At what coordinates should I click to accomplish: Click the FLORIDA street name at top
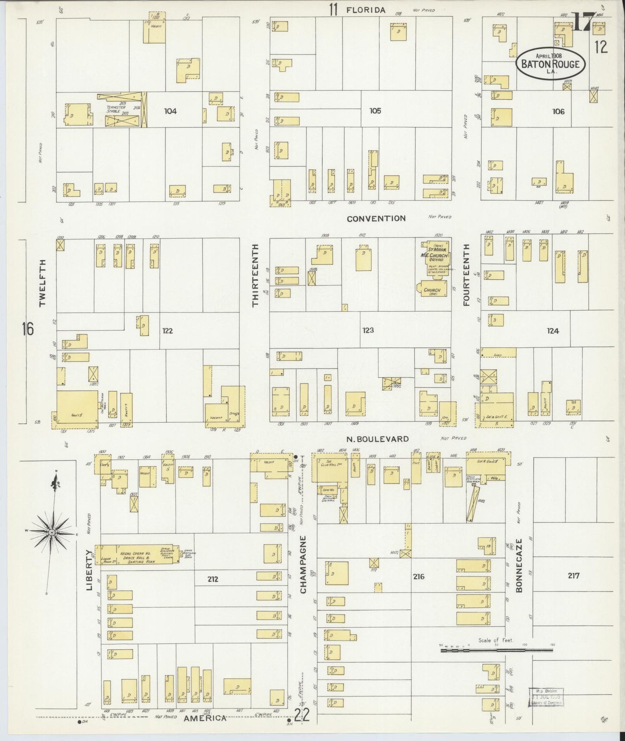point(365,10)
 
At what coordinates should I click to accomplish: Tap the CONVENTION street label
point(376,218)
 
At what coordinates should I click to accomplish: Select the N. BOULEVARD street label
point(378,439)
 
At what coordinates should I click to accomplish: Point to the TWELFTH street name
point(42,283)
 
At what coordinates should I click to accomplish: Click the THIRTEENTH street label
point(255,275)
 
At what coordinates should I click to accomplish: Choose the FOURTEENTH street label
point(466,275)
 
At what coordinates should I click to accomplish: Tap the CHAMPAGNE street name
point(303,564)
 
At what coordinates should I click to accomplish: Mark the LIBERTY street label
point(90,569)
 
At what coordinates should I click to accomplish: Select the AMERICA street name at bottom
point(205,718)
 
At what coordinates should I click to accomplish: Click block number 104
point(170,111)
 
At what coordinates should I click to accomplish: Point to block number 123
point(368,330)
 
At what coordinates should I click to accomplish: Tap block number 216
point(418,576)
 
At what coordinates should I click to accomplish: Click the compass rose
point(51,532)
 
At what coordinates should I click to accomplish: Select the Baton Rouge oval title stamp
point(551,64)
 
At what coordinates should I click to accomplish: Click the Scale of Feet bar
point(496,650)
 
